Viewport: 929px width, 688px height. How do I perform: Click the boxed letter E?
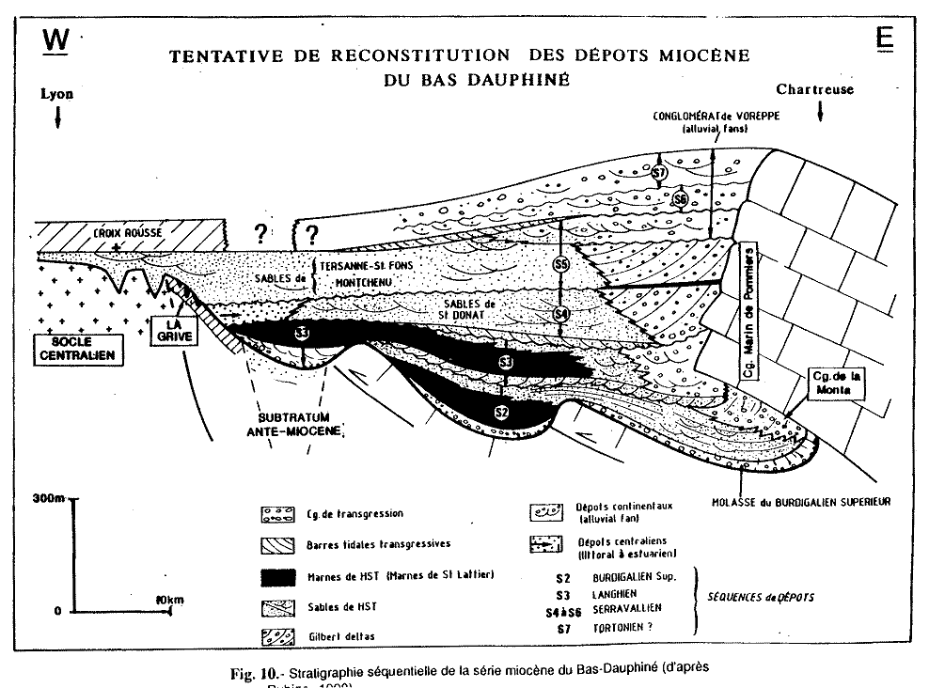(x=885, y=39)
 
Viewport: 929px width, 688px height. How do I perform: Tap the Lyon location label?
(x=56, y=94)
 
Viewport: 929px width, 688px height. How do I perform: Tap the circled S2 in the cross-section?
(x=500, y=412)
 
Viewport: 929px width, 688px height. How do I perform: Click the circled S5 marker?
(x=560, y=265)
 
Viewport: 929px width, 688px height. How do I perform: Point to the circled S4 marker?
(x=560, y=314)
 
